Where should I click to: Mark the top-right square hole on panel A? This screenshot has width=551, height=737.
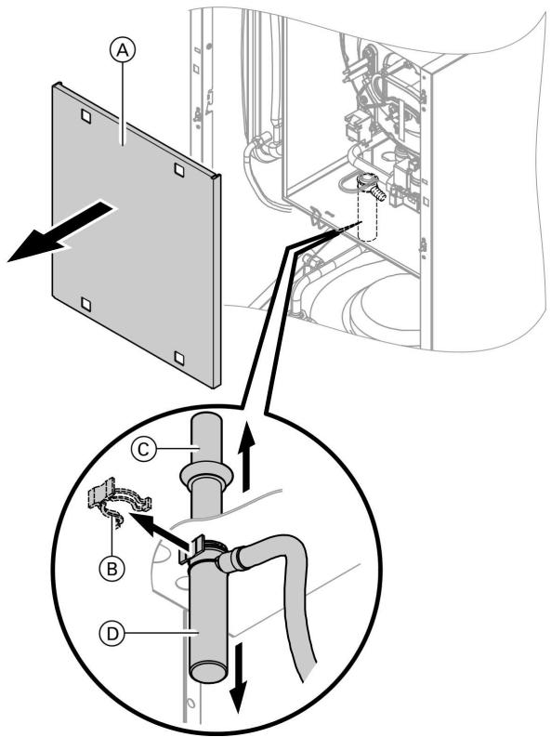point(181,169)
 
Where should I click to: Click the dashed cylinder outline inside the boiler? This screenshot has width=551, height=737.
point(370,217)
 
